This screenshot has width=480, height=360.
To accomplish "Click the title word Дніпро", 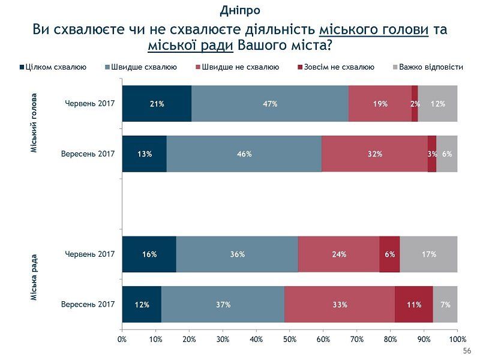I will pos(240,10).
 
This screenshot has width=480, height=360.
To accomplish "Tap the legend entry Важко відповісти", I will pos(428,67).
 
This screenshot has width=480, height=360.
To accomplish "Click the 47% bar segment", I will pos(270,104).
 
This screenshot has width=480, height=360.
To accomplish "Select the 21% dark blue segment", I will pos(157,104).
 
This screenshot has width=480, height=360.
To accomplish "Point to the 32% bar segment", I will pos(375,154).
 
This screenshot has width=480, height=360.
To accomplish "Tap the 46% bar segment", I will pos(244,154).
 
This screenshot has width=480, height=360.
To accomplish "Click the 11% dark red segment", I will pos(414,305).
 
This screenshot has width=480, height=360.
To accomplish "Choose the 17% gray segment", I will pos(428,254).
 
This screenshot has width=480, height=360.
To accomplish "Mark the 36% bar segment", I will pos(237,254).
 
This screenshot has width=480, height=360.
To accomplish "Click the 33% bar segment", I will pos(340,305).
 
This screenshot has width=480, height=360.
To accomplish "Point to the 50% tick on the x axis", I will pos(290,340).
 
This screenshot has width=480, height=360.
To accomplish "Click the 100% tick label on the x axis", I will pos(457,340).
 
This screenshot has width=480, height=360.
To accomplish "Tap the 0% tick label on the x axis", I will pos(122,340).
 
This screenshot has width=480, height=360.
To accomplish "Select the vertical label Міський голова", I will pos(34,123).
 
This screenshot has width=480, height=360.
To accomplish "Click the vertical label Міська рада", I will pos(34,277).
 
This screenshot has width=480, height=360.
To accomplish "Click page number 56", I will pos(467,350).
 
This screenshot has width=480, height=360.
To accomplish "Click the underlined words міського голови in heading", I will pos(374,29).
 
